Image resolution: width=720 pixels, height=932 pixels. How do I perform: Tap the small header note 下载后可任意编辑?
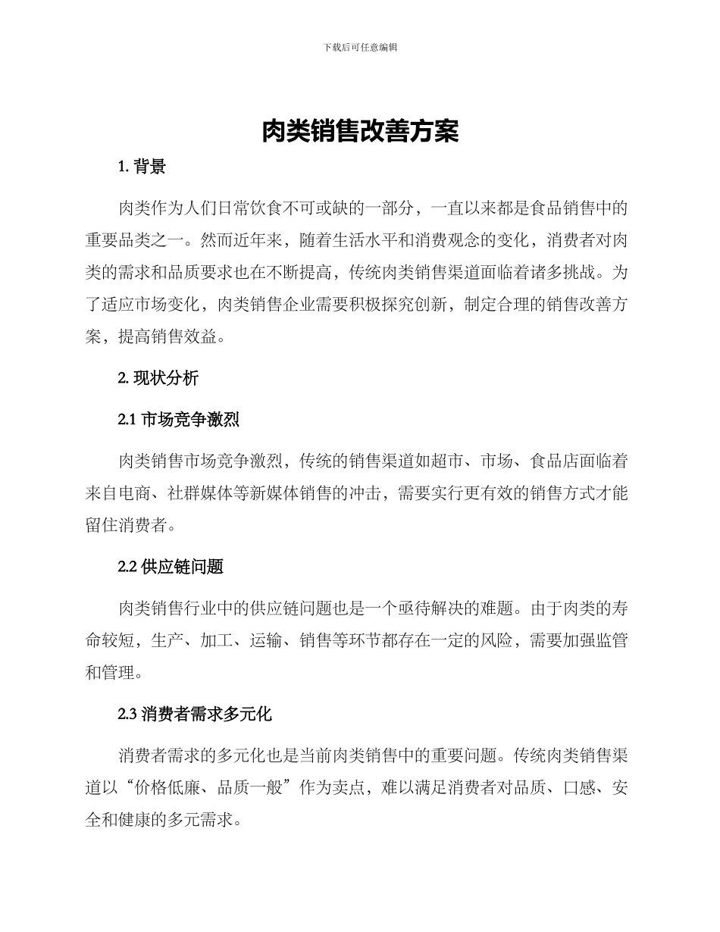(x=360, y=47)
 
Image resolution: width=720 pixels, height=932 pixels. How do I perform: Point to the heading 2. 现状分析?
(x=158, y=377)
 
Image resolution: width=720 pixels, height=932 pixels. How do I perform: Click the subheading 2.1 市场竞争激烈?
(x=179, y=420)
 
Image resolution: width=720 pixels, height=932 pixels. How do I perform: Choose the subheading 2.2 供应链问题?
(x=171, y=567)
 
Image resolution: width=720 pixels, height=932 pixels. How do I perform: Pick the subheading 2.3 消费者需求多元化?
(x=195, y=714)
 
